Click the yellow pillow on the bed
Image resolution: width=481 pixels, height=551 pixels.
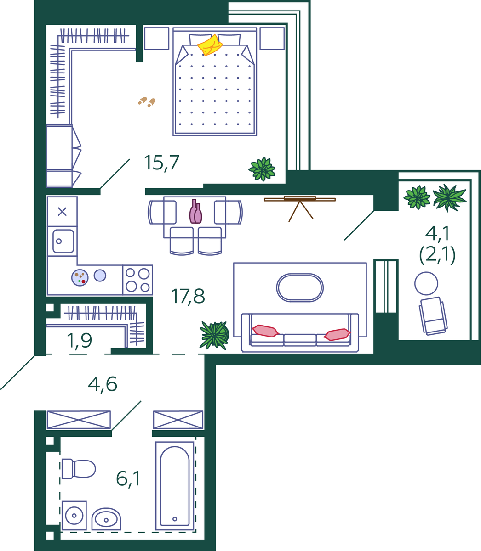(x=210, y=45)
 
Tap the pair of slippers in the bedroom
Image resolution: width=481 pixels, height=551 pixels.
(x=147, y=102)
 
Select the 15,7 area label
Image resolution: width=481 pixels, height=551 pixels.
(x=162, y=163)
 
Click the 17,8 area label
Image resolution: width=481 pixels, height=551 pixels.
(x=188, y=296)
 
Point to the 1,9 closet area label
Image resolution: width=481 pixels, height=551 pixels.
(x=79, y=341)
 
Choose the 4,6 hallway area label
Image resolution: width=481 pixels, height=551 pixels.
(x=103, y=384)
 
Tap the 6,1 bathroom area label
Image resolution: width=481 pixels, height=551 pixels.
(x=128, y=478)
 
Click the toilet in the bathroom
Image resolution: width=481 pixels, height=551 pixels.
(x=79, y=469)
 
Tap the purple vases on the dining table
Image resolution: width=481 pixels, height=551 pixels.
(x=196, y=212)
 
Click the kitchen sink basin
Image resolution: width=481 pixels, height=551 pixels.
(x=63, y=242)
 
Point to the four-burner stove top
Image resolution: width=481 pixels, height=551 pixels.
(x=138, y=280)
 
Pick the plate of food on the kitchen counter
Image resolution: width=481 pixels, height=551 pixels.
(x=80, y=278)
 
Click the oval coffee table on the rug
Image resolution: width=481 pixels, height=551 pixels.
(x=300, y=287)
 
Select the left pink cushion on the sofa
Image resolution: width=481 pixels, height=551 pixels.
(x=265, y=331)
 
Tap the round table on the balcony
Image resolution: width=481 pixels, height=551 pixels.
(x=426, y=283)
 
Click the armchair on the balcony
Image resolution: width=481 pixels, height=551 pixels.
(x=433, y=316)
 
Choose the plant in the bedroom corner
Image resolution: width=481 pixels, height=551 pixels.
(x=262, y=169)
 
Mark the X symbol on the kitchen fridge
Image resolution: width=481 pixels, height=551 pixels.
(x=62, y=212)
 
